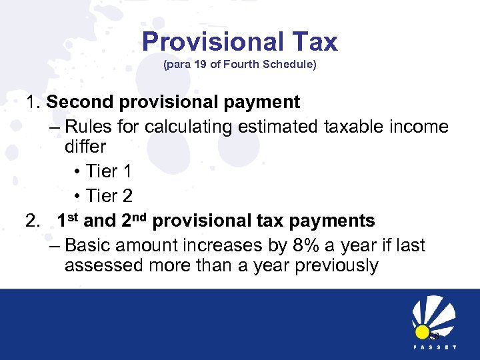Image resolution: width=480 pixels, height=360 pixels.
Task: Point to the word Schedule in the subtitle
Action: [286, 65]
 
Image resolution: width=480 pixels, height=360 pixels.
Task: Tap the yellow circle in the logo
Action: [421, 332]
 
